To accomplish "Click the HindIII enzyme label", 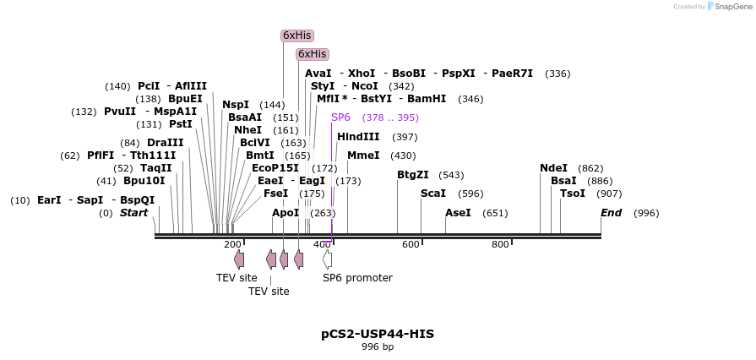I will tap(358, 137).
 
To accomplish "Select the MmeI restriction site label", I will tap(363, 155).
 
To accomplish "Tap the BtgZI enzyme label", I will tap(413, 175).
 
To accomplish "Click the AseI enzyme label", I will tap(458, 213).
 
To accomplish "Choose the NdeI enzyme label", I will tap(553, 168).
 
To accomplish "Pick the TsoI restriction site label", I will tap(572, 194).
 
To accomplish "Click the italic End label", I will tap(611, 213).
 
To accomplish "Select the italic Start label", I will tap(133, 213).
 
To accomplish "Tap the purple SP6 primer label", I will tap(340, 117).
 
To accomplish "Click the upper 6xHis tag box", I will tap(296, 35).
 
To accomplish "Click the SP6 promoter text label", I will tap(357, 277).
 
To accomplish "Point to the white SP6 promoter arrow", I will tap(327, 259).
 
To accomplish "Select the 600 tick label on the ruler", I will tap(411, 244).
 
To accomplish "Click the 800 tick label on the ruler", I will tap(500, 244).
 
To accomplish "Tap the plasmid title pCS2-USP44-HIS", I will tap(378, 334).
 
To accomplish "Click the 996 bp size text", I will tap(378, 346).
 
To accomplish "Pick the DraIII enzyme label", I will tap(165, 143).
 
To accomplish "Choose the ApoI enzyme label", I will tap(286, 213).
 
